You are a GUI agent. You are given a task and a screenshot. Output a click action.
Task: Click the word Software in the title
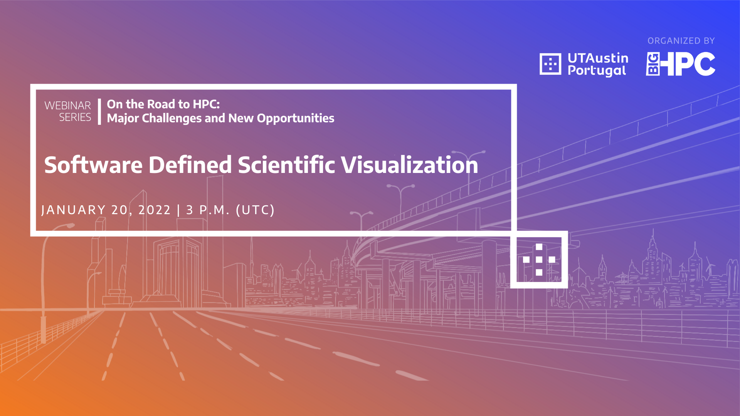(x=93, y=165)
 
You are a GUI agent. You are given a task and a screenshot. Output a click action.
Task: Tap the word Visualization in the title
(x=410, y=165)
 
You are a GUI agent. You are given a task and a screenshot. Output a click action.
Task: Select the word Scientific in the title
(x=286, y=165)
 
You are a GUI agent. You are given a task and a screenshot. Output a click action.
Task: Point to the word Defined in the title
(x=190, y=165)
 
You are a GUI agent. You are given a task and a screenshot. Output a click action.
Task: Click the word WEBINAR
(x=68, y=106)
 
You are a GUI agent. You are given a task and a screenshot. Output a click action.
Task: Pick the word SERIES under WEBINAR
(x=75, y=117)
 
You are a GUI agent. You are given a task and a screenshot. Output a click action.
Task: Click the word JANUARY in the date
(x=73, y=210)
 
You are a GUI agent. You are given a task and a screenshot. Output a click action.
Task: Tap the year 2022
(x=155, y=210)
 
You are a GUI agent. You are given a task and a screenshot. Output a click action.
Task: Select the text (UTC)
(x=255, y=210)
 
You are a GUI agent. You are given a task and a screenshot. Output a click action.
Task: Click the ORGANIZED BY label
(x=681, y=41)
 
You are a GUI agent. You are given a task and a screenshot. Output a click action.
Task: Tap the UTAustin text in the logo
(x=598, y=58)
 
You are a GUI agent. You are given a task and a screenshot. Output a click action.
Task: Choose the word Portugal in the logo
(x=597, y=71)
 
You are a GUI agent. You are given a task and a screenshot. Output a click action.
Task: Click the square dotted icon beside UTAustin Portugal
(x=550, y=64)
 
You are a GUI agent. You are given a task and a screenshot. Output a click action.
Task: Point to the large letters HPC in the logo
(x=688, y=64)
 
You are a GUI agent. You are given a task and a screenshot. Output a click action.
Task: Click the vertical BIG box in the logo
(x=653, y=64)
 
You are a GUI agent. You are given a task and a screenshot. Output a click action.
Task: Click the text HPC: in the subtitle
(x=206, y=104)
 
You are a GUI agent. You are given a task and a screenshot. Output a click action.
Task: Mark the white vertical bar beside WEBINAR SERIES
(x=99, y=112)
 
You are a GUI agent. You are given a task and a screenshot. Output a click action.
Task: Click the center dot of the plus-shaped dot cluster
(x=539, y=260)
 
